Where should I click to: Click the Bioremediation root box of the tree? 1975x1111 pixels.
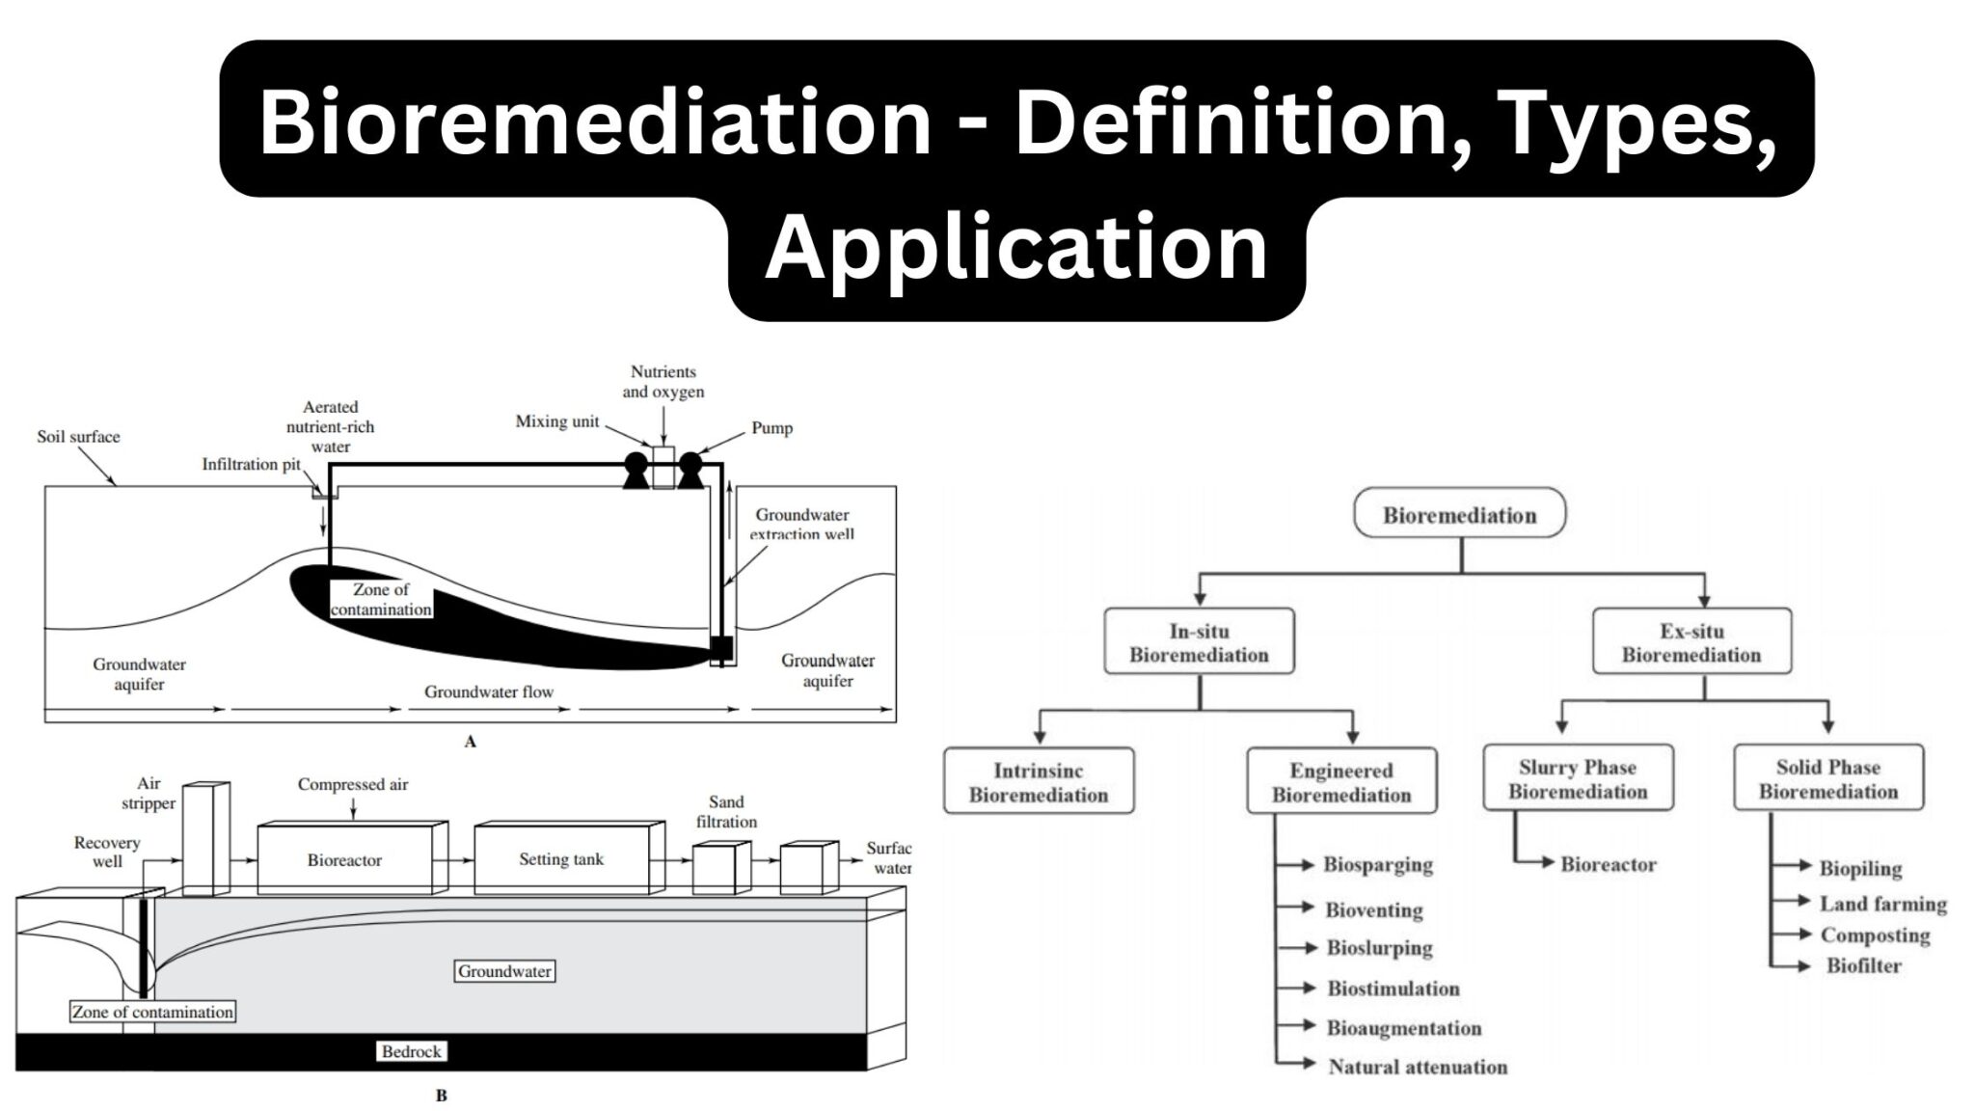click(x=1459, y=514)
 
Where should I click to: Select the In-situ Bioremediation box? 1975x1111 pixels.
click(x=1199, y=642)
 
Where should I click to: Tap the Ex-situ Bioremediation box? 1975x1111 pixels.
click(x=1691, y=642)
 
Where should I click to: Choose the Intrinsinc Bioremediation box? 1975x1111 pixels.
click(x=1039, y=782)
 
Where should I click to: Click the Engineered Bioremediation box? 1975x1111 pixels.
click(x=1340, y=782)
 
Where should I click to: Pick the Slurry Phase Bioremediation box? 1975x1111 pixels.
click(x=1578, y=779)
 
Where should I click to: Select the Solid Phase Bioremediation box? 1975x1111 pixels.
click(x=1827, y=779)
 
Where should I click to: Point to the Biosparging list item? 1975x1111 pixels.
click(x=1377, y=865)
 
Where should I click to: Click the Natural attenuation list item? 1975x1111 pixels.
click(x=1417, y=1067)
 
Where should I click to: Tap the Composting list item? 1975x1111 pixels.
click(x=1875, y=935)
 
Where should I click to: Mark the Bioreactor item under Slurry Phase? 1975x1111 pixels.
click(x=1608, y=865)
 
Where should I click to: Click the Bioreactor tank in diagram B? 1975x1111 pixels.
click(x=345, y=859)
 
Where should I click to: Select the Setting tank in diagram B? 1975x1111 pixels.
click(x=561, y=858)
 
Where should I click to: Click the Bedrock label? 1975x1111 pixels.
click(x=411, y=1051)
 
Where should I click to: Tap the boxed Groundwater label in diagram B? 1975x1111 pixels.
click(x=504, y=971)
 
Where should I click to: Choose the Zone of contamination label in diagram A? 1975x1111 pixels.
click(x=381, y=599)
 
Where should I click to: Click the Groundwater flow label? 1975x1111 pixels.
click(x=489, y=691)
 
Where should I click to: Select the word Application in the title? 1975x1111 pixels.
click(x=1015, y=248)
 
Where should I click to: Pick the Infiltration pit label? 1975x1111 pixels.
click(x=251, y=465)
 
